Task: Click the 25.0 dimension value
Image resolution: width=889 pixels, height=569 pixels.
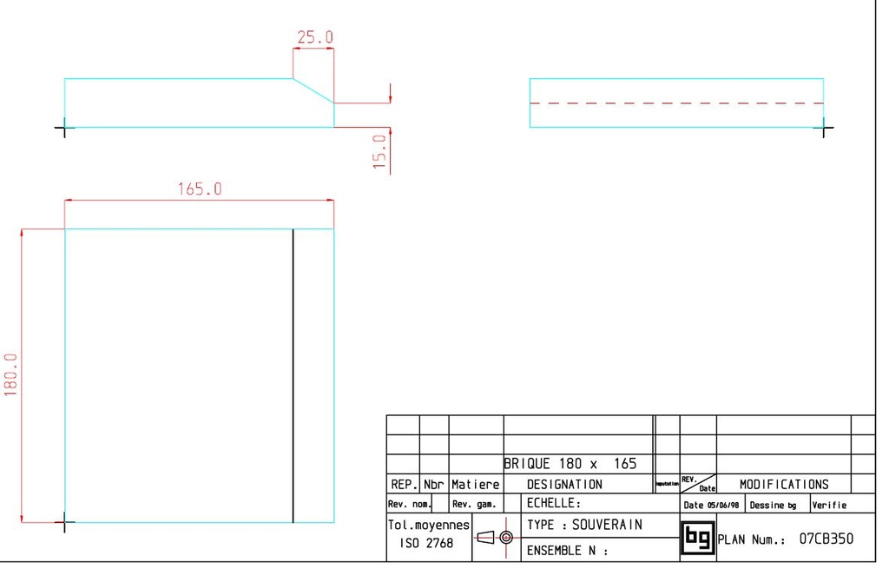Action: tap(315, 37)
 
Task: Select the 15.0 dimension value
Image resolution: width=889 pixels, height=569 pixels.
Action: tap(379, 152)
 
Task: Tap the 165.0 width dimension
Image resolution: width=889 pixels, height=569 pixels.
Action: tap(200, 189)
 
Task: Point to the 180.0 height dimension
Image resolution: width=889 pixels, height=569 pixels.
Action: tap(12, 374)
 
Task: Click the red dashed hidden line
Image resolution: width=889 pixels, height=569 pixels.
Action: tap(676, 103)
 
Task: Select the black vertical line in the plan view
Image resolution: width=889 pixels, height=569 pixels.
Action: tap(293, 375)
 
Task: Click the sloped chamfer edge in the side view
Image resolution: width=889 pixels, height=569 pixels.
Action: tap(313, 90)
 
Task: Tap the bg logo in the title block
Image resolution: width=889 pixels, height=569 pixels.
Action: tap(697, 538)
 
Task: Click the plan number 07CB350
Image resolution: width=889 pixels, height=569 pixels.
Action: tap(826, 539)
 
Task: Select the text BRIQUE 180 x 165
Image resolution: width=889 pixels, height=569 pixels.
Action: tap(571, 464)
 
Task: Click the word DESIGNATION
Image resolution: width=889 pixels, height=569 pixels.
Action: tap(564, 485)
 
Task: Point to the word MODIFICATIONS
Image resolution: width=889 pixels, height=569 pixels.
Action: tap(784, 485)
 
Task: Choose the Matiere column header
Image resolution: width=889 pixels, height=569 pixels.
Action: tap(475, 485)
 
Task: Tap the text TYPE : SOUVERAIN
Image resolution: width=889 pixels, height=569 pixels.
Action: tap(584, 525)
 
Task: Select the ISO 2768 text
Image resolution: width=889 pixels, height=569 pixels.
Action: tap(425, 544)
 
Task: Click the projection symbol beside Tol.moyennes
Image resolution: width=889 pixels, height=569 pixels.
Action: tap(495, 537)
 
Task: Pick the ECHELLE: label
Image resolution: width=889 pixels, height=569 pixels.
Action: tap(553, 504)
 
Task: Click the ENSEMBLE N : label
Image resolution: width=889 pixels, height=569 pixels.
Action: tap(567, 550)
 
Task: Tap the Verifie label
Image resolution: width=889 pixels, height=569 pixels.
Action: tap(829, 505)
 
